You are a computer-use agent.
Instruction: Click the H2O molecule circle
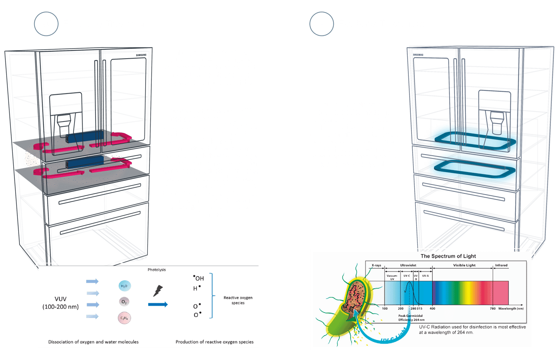pyautogui.click(x=124, y=286)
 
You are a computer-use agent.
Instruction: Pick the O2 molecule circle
pyautogui.click(x=124, y=302)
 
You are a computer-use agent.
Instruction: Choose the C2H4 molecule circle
pyautogui.click(x=124, y=318)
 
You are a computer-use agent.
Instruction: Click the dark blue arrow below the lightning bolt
pyautogui.click(x=158, y=304)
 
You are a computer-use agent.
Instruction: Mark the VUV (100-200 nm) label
pyautogui.click(x=61, y=303)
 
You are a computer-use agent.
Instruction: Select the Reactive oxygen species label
pyautogui.click(x=238, y=300)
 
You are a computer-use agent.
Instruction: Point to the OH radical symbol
pyautogui.click(x=199, y=278)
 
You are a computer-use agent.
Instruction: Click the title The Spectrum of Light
pyautogui.click(x=448, y=256)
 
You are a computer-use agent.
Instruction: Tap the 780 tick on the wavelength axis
pyautogui.click(x=492, y=309)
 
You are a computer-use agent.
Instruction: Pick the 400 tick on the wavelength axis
pyautogui.click(x=432, y=309)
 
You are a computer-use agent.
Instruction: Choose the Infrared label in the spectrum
pyautogui.click(x=501, y=266)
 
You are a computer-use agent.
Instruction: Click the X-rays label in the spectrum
pyautogui.click(x=376, y=266)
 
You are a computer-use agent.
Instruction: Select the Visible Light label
pyautogui.click(x=464, y=266)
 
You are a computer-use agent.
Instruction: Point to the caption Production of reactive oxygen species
pyautogui.click(x=214, y=342)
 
